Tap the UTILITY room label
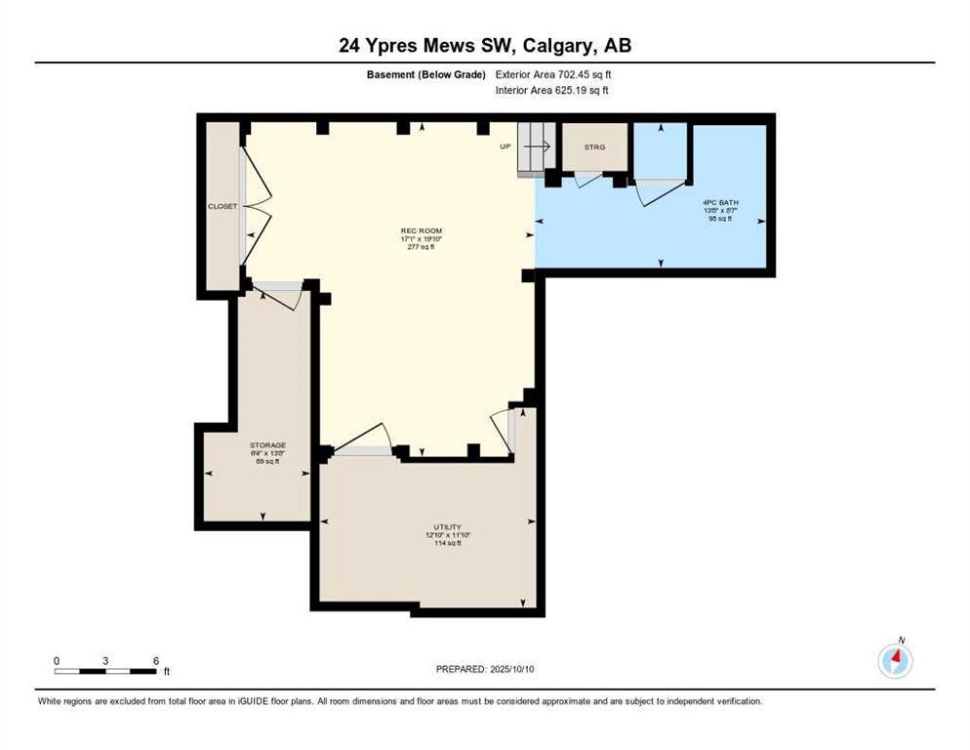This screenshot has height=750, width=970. (448, 527)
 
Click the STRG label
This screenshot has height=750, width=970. (594, 146)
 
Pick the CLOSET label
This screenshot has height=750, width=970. (222, 206)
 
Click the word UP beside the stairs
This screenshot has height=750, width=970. (505, 146)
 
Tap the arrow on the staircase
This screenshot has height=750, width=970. (535, 146)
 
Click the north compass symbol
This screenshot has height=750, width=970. (895, 660)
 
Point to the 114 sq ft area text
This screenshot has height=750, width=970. (448, 544)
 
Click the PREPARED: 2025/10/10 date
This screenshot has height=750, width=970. (486, 669)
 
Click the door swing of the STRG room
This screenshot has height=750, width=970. (587, 180)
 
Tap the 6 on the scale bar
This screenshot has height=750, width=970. (156, 660)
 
